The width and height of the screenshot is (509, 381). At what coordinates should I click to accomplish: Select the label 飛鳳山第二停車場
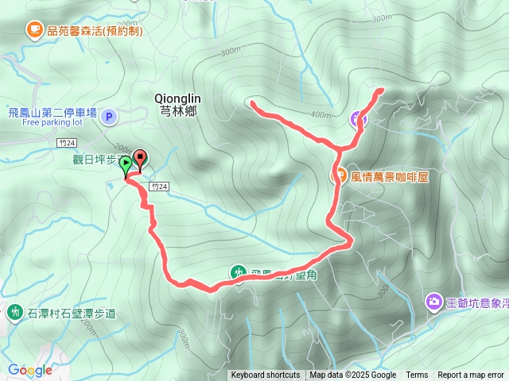[x=52, y=113]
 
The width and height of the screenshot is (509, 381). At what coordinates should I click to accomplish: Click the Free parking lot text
[x=52, y=123]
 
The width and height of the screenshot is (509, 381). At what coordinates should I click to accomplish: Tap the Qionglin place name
[x=181, y=98]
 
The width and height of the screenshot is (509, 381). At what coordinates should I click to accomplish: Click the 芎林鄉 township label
[x=181, y=110]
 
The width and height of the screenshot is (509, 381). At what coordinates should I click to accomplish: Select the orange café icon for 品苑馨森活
[x=34, y=30]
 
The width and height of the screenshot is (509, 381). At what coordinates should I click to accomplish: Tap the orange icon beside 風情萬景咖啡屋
[x=339, y=176]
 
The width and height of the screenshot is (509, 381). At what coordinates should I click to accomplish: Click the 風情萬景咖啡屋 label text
[x=390, y=177]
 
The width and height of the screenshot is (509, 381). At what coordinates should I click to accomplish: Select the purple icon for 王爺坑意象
[x=433, y=302]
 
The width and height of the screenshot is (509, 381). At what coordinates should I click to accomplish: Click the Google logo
[x=29, y=370]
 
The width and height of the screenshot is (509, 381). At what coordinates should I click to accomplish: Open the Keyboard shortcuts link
[x=266, y=375]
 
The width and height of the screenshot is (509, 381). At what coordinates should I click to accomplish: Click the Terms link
[x=417, y=375]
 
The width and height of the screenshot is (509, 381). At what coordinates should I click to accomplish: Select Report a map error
[x=471, y=375]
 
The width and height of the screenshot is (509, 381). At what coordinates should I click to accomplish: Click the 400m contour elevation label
[x=321, y=114]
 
